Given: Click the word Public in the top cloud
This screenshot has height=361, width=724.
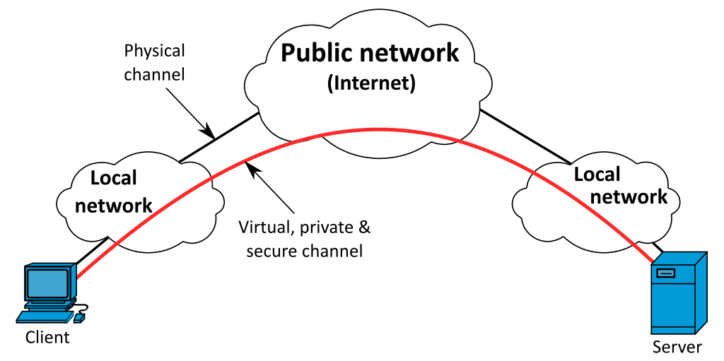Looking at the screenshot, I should (x=319, y=54).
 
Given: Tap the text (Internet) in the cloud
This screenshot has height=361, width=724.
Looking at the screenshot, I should (x=370, y=83).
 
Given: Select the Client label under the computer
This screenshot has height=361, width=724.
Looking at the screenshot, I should (x=47, y=337).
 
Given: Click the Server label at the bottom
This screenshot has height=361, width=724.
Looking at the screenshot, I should (x=677, y=347).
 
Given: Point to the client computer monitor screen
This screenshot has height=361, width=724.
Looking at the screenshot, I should (x=48, y=283).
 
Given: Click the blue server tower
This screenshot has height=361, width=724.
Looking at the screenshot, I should (x=678, y=293).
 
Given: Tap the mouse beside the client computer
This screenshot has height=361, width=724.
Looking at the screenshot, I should (x=79, y=319).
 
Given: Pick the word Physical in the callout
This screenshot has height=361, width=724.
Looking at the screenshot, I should (x=154, y=51).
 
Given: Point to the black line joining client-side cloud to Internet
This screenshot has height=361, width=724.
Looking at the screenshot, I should (x=218, y=137).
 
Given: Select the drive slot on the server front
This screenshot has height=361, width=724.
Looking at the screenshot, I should (x=665, y=272).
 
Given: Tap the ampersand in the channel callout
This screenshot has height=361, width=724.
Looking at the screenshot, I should (x=361, y=227).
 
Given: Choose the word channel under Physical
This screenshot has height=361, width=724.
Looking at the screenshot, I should (x=154, y=74).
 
